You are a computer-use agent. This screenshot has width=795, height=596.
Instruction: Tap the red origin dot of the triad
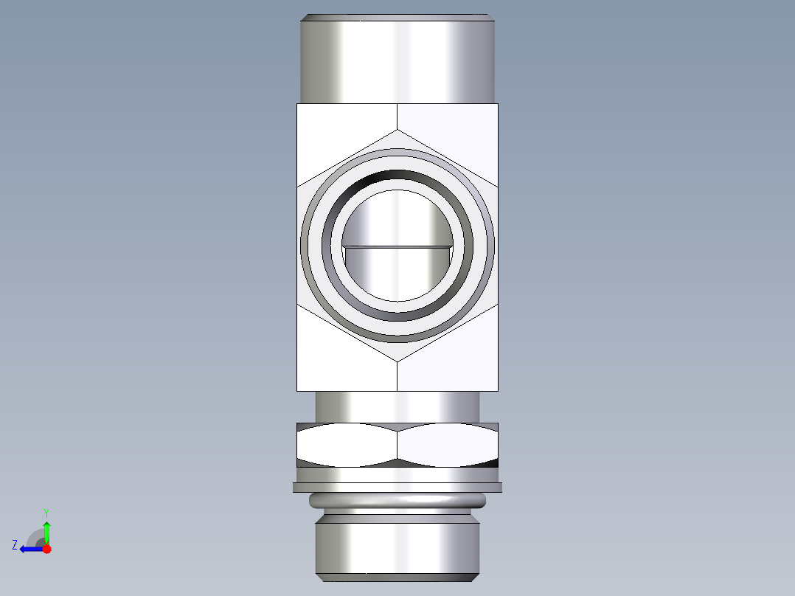click(x=46, y=549)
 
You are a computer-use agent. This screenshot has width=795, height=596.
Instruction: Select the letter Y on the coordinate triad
click(x=46, y=512)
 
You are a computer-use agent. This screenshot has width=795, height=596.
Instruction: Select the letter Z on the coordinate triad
click(x=15, y=545)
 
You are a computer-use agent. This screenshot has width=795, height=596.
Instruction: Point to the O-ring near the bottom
click(x=397, y=501)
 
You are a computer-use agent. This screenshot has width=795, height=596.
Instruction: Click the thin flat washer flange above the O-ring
click(x=397, y=487)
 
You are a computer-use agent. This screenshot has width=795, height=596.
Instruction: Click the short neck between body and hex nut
click(x=397, y=406)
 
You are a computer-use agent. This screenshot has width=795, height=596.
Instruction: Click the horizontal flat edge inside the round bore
click(x=397, y=246)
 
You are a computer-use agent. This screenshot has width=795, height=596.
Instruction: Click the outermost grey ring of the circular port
click(x=306, y=245)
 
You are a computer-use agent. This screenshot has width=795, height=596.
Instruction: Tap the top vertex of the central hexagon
click(x=397, y=130)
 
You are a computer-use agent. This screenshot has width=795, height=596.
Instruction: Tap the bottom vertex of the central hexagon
click(x=397, y=361)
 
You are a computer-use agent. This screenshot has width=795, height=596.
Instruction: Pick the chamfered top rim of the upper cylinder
click(x=397, y=17)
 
